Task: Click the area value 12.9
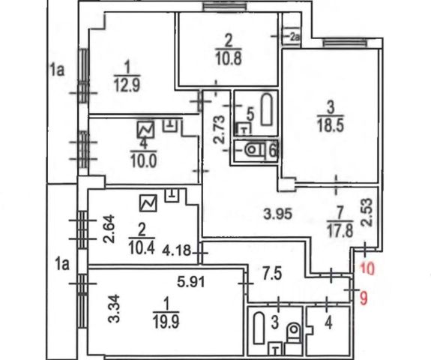click(x=127, y=85)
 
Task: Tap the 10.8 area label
click(x=229, y=58)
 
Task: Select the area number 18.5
click(x=331, y=125)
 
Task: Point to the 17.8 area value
click(x=340, y=230)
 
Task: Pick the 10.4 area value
click(x=142, y=247)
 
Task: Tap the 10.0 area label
click(x=144, y=160)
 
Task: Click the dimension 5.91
click(x=191, y=281)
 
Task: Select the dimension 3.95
click(x=277, y=214)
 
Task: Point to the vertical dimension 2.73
click(x=220, y=130)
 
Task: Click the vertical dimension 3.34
click(x=113, y=308)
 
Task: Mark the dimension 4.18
click(x=176, y=250)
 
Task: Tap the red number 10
click(x=367, y=268)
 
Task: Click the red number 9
click(x=364, y=298)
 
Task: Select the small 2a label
click(x=295, y=37)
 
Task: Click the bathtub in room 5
click(x=267, y=109)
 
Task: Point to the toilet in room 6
click(x=255, y=150)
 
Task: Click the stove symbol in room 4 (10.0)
click(x=145, y=130)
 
